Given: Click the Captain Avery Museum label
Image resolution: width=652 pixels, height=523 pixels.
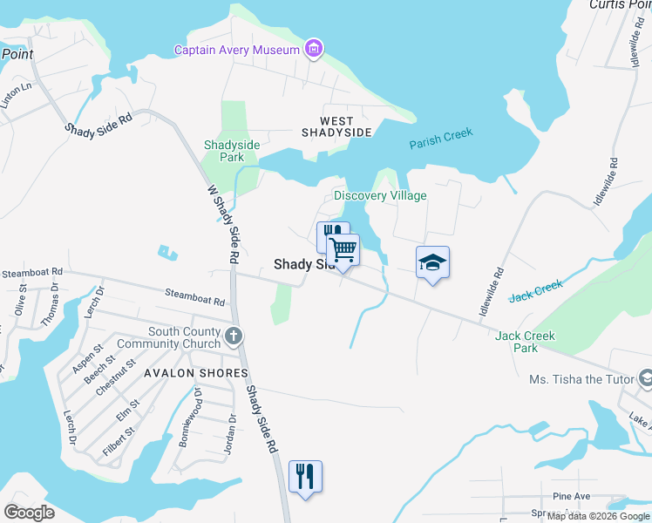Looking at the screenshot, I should point(237,50).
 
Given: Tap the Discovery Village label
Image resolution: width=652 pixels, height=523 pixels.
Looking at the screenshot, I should point(381,195).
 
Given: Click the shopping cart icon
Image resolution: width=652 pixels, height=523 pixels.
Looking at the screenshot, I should point(343,250).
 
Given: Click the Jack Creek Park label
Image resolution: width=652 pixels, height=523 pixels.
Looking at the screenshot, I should point(525,342).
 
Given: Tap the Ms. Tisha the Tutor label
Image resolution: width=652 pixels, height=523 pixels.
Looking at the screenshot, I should point(582,379).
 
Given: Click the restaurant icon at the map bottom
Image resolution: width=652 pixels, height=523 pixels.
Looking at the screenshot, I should point(305,477).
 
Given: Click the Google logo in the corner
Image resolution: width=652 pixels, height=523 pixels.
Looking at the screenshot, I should point(29,513).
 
